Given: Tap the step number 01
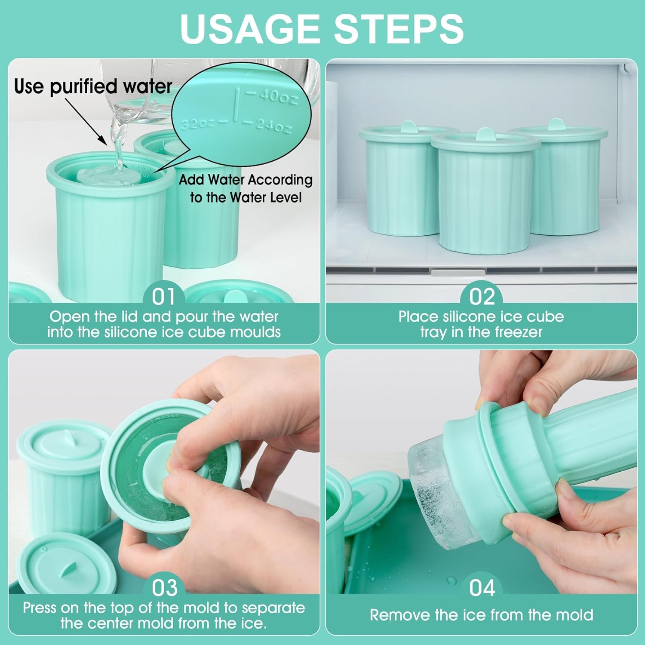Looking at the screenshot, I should (164, 297).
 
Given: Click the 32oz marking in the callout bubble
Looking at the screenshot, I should (197, 124).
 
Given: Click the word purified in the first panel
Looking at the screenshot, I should (84, 87).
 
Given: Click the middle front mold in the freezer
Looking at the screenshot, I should (485, 193).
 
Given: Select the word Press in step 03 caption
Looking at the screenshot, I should (40, 608).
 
